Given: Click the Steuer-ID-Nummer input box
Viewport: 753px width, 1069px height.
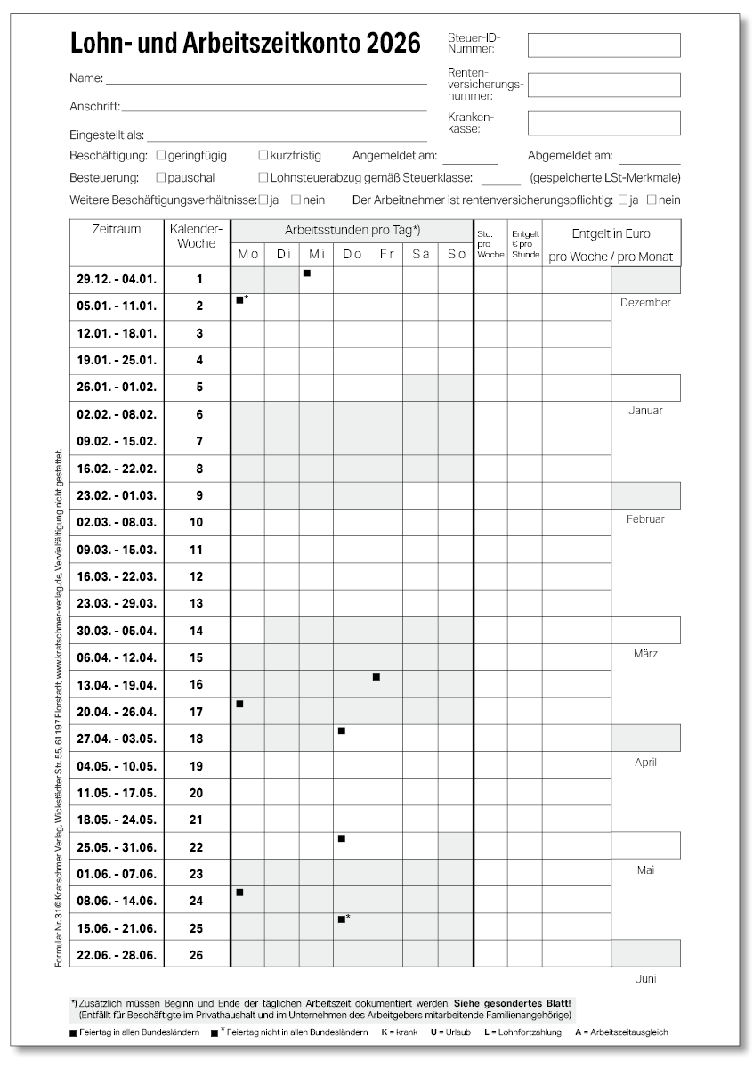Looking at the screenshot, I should click(603, 45).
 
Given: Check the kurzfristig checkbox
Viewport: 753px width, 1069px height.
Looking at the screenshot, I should click(263, 155).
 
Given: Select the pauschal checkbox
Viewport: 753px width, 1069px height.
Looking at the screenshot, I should click(159, 177).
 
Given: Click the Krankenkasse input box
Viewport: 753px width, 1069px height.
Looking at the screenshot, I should click(603, 123).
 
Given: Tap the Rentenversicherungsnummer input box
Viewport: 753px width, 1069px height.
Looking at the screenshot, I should click(603, 85).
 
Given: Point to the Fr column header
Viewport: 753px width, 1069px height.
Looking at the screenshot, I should click(385, 254).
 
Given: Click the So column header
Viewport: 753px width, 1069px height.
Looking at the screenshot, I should click(456, 254).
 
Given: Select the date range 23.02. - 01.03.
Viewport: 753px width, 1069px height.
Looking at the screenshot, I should click(117, 495).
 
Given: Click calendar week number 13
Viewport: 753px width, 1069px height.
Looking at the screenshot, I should click(197, 604).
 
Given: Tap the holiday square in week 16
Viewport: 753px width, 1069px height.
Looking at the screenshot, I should click(376, 678).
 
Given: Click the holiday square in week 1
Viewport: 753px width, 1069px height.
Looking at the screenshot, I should click(306, 273).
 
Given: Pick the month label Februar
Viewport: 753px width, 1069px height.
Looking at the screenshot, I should click(645, 518).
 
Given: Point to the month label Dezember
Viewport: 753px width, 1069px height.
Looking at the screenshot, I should click(645, 302).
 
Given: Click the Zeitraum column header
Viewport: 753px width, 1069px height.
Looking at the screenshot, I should click(117, 230).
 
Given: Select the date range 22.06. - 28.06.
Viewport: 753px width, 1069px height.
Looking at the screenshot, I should click(117, 955).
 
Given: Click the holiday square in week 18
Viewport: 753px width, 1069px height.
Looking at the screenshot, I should click(341, 731).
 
